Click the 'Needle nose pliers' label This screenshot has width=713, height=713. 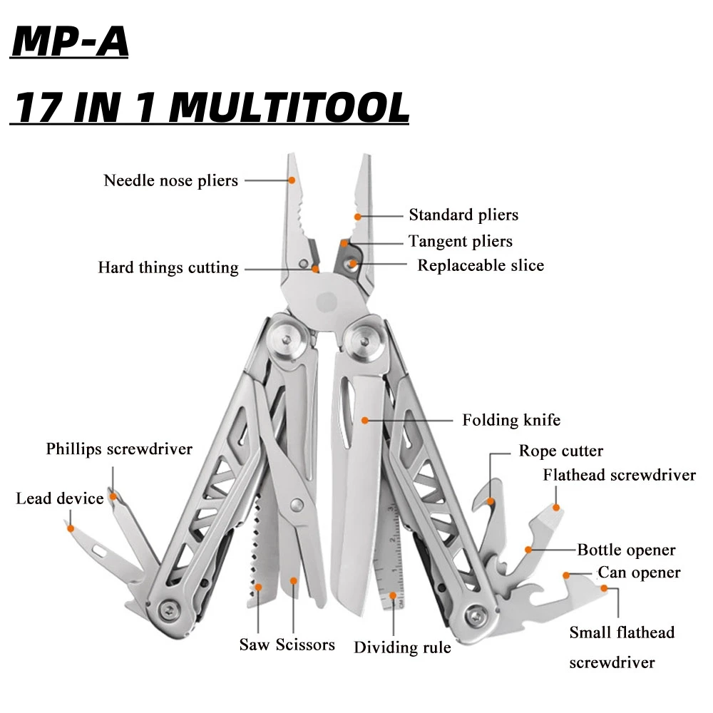click(x=171, y=180)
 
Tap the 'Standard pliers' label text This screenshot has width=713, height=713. click(x=463, y=215)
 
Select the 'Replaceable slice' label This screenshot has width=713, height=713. click(x=481, y=265)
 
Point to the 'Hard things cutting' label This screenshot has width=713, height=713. click(x=168, y=268)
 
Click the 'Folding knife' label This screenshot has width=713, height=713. click(x=511, y=420)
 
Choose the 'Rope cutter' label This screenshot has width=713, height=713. click(x=560, y=451)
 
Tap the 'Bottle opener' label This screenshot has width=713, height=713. click(x=626, y=550)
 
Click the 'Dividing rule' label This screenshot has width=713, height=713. click(x=402, y=647)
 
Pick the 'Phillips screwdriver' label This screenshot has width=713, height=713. click(x=119, y=449)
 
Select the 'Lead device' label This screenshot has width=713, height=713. click(x=60, y=498)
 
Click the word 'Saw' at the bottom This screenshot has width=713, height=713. click(x=254, y=645)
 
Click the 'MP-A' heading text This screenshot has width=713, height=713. click(x=71, y=43)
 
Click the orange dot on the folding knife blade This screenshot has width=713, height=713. click(x=365, y=421)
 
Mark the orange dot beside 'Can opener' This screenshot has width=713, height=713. click(x=566, y=574)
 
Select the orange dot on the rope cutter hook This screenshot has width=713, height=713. click(x=491, y=501)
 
